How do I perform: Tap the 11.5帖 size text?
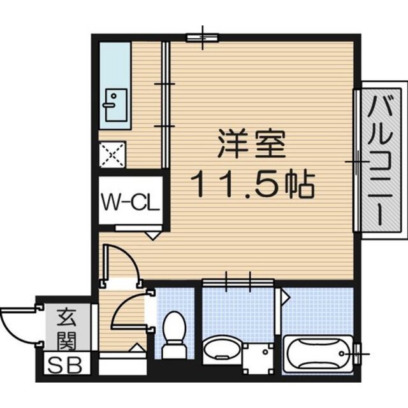point(252,185)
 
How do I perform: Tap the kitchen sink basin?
point(115,105)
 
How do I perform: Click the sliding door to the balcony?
point(354,162)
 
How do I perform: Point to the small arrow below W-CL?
point(152,234)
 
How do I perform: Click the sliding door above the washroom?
point(238,281)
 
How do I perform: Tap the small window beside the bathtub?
point(359,350)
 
